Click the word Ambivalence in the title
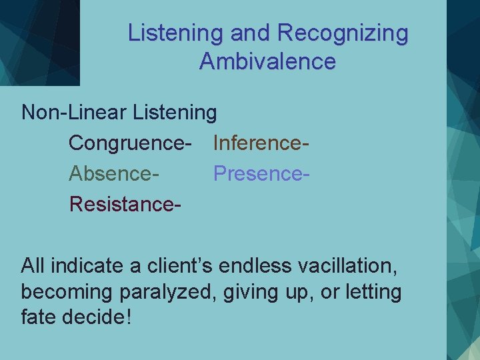(267, 62)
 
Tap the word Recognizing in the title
(343, 33)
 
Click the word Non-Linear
(74, 112)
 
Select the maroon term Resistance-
(125, 203)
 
